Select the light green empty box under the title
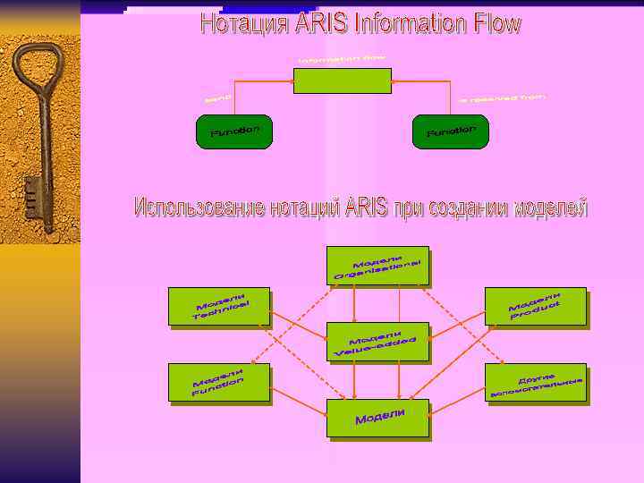pos(343,80)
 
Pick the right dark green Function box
pos(451,131)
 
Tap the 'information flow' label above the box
pos(342,59)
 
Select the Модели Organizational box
pos(377,266)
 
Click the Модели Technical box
pos(219,307)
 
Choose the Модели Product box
pos(535,306)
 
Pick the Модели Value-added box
pos(377,342)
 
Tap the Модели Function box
pos(219,384)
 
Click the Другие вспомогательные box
pos(535,383)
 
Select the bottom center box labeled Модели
pos(377,419)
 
